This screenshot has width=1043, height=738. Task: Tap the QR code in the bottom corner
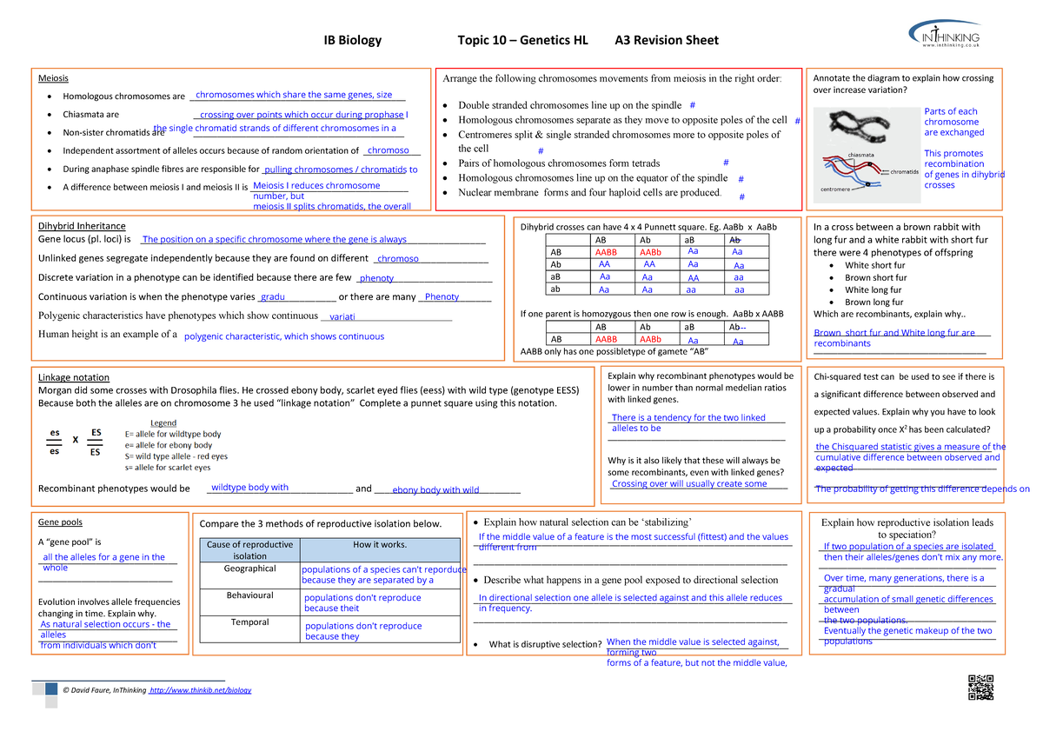pyautogui.click(x=980, y=687)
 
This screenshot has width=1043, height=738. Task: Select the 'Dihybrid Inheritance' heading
pyautogui.click(x=82, y=226)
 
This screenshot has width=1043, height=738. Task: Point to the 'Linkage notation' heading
pyautogui.click(x=74, y=377)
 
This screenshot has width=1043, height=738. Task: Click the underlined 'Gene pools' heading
pyautogui.click(x=61, y=522)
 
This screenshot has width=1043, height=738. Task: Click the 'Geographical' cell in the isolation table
pyautogui.click(x=249, y=568)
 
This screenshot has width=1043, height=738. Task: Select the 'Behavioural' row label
pyautogui.click(x=249, y=595)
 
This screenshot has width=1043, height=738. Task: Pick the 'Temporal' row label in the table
pyautogui.click(x=249, y=622)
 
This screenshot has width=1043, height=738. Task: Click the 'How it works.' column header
pyautogui.click(x=379, y=545)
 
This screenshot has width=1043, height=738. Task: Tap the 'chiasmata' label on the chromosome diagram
pyautogui.click(x=860, y=155)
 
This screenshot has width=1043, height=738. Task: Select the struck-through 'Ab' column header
pyautogui.click(x=735, y=239)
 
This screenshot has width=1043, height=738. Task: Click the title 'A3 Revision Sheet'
pyautogui.click(x=667, y=40)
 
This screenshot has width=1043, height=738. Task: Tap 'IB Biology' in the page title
pyautogui.click(x=352, y=40)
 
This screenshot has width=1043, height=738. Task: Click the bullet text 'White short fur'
pyautogui.click(x=874, y=265)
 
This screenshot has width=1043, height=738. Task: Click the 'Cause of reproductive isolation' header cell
pyautogui.click(x=249, y=550)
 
